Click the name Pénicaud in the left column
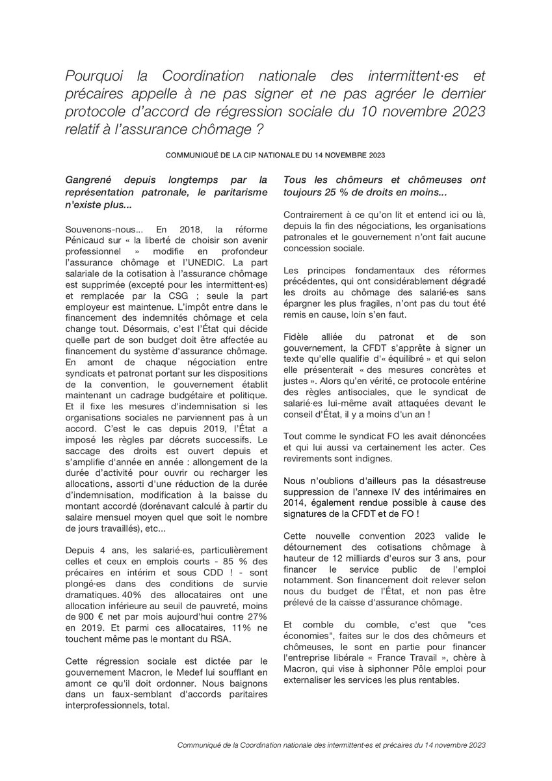coord(87,241)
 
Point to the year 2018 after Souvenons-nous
coord(177,231)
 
